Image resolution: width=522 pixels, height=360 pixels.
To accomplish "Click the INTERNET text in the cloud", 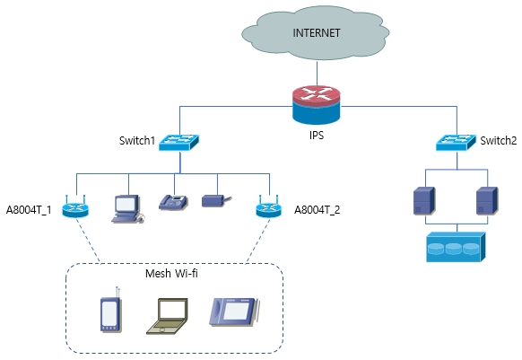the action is point(317,33).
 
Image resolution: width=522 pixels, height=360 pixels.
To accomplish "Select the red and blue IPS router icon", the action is point(317,105).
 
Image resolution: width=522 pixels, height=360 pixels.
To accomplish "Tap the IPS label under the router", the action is point(317,135).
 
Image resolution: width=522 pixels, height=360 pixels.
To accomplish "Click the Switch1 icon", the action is point(178,143).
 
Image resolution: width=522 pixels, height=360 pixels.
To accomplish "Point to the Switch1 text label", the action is point(137,141).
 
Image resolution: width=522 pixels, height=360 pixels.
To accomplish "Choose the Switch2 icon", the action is point(457,143).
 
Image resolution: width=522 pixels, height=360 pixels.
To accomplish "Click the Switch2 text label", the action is point(499,141).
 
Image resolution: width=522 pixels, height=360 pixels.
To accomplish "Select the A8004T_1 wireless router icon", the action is point(75,206).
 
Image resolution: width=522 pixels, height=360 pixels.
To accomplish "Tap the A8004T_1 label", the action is point(29,210).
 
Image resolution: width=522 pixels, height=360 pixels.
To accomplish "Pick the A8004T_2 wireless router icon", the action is point(269,206).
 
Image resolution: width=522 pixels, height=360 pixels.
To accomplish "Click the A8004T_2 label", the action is point(318,210).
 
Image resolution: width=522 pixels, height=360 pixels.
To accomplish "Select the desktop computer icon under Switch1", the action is point(127,209).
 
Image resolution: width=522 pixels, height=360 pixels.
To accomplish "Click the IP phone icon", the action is point(173,202).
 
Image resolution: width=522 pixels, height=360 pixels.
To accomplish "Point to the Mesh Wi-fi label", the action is point(171,273).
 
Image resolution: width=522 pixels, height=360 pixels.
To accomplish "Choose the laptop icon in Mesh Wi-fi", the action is point(167,316).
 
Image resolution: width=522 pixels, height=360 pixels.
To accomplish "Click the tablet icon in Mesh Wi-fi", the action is point(234,312).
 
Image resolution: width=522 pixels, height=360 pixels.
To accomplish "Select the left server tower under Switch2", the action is point(424,201).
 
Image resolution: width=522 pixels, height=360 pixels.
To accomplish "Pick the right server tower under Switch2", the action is point(487,201).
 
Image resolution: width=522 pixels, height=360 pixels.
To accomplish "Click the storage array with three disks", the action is point(457,247).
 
